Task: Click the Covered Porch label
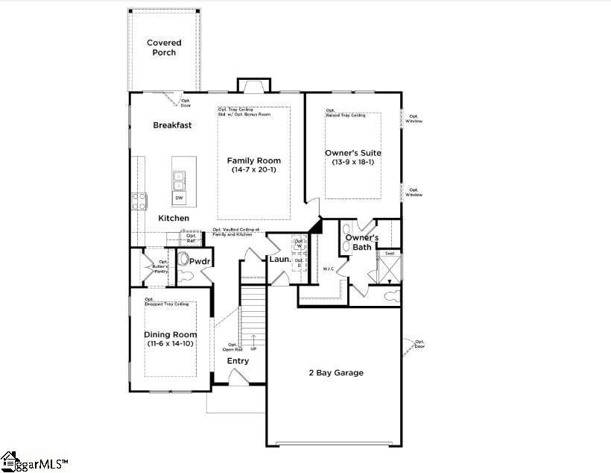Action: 164,48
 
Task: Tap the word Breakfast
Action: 172,125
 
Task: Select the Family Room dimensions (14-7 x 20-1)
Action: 253,170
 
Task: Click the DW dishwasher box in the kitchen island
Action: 179,198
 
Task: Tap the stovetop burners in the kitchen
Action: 139,200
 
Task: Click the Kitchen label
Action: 173,218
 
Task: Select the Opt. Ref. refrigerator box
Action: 191,238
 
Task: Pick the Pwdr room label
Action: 200,262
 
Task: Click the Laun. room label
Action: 279,260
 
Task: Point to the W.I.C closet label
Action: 329,269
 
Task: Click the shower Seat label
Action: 389,254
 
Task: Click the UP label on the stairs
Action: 253,349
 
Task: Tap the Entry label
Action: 238,361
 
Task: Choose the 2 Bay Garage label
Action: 337,372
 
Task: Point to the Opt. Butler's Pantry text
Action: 160,267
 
